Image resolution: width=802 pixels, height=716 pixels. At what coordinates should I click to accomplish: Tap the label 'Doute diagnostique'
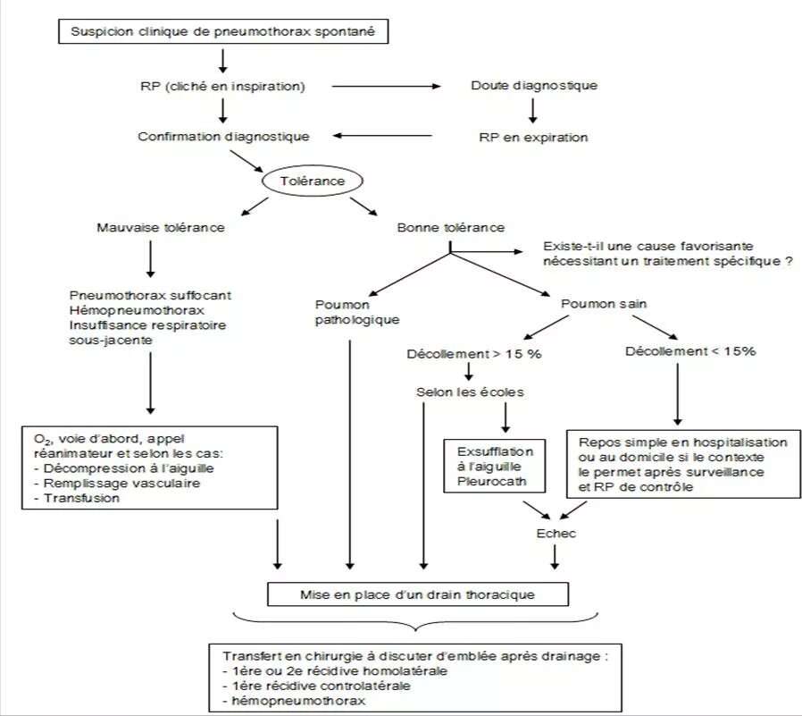534,86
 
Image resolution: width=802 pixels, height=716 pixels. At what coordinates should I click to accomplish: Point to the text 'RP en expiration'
534,138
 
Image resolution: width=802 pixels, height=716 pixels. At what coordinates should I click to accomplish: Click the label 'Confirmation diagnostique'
223,137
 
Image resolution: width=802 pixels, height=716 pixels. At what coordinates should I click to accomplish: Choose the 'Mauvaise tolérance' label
161,227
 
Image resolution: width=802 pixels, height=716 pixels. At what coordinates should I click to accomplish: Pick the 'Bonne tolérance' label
451,227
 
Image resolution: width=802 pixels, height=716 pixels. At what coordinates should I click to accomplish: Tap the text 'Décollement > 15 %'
474,353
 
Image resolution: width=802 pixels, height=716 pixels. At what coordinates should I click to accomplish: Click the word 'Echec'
556,534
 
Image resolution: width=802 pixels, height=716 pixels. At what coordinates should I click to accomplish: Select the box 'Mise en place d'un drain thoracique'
417,593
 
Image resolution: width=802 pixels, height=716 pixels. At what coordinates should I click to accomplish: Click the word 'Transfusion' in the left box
69,498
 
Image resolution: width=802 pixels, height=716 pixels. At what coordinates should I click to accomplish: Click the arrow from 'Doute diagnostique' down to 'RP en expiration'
533,111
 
